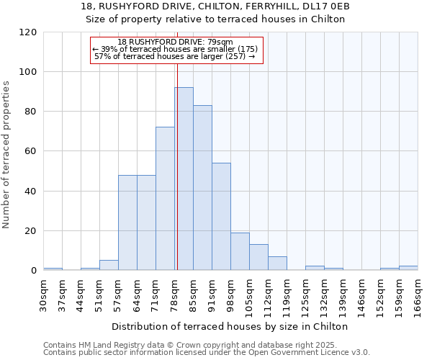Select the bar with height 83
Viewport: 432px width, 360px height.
[202, 188]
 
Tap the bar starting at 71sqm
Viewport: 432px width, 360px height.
[165, 199]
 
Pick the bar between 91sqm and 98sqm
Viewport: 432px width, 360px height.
[221, 217]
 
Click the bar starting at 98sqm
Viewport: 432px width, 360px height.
[240, 251]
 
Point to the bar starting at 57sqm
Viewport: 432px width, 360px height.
[127, 222]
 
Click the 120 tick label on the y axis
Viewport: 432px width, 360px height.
[28, 32]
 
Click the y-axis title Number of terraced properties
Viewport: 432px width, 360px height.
[6, 155]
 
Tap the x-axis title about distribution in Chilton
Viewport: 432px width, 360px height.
[230, 326]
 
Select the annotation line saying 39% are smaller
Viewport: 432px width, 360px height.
[175, 49]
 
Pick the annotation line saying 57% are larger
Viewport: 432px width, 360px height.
[175, 56]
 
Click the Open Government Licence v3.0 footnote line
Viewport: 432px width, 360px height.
[207, 352]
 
